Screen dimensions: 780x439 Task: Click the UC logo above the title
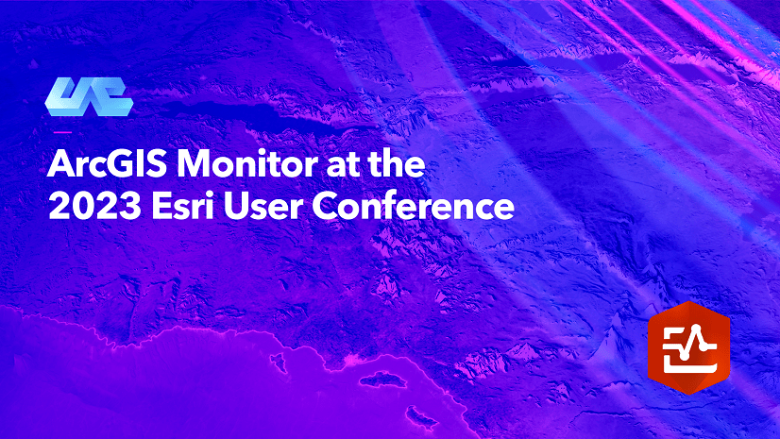(89, 96)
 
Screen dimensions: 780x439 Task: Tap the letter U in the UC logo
(66, 96)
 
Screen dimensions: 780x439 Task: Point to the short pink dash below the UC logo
(62, 132)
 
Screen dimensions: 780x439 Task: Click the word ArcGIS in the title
(107, 163)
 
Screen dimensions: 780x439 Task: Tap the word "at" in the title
(341, 165)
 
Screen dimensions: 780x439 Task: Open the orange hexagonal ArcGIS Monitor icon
(689, 347)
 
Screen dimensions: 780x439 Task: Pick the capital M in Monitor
(195, 163)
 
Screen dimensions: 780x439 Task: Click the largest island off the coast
(383, 380)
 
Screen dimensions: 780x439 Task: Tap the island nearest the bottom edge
(421, 416)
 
